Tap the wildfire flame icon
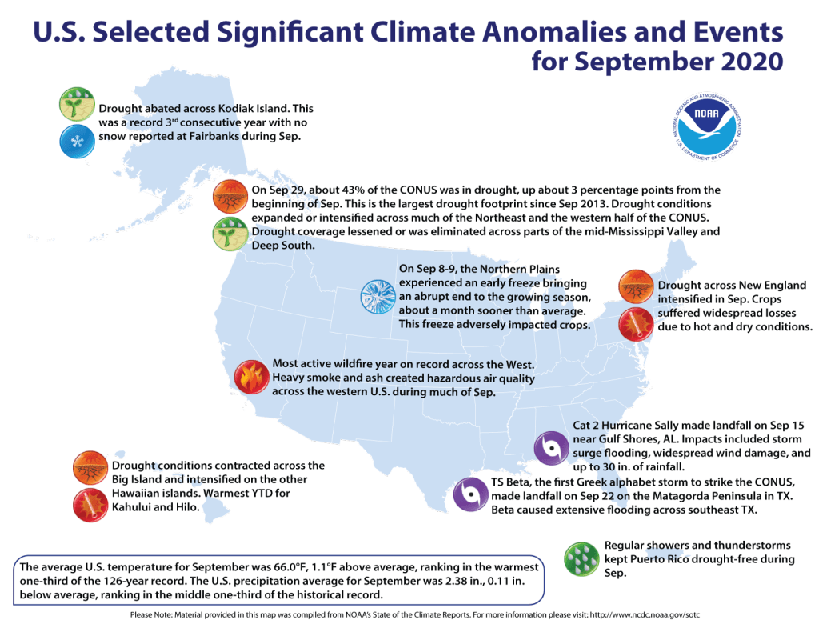point(250,378)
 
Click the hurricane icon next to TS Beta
point(469,495)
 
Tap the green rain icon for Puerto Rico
point(581,559)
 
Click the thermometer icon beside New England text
point(637,326)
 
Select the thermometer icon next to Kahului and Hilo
point(90,505)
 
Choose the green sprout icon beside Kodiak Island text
point(77,105)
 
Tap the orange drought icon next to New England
point(637,286)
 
